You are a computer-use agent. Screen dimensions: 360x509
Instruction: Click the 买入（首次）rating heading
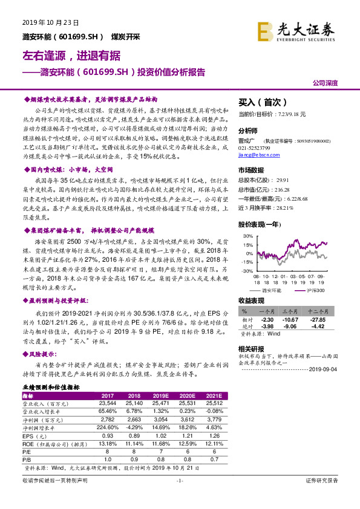tap(260, 102)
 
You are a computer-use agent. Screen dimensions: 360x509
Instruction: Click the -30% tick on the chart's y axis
tap(247, 271)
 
